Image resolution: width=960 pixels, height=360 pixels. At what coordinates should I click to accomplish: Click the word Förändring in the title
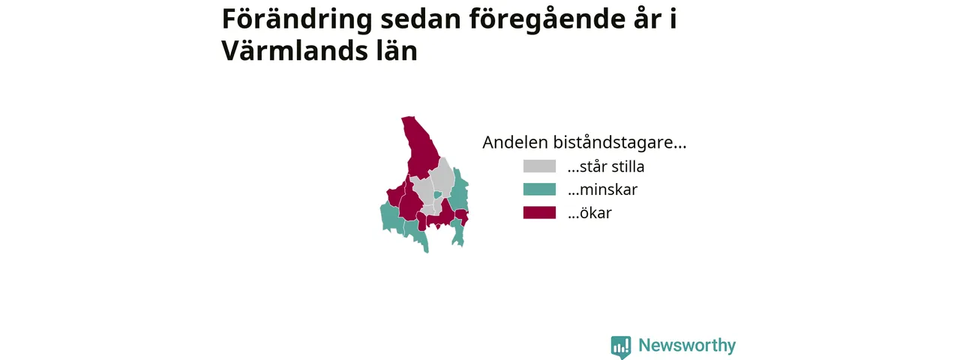(x=297, y=19)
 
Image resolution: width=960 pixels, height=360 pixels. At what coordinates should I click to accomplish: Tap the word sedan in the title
(x=421, y=19)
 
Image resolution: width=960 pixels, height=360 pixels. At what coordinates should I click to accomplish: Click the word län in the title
(x=392, y=51)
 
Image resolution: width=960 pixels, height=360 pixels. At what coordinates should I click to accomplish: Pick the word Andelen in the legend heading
(x=515, y=142)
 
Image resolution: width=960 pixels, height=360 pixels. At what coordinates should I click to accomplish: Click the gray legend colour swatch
(x=539, y=166)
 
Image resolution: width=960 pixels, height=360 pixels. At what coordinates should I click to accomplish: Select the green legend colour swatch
(x=539, y=190)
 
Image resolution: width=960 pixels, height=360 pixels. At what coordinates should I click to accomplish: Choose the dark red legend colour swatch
(x=539, y=212)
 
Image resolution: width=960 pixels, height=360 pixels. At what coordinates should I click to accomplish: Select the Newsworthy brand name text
(x=687, y=345)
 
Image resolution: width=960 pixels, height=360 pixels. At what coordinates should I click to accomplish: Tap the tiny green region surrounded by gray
(x=437, y=195)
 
